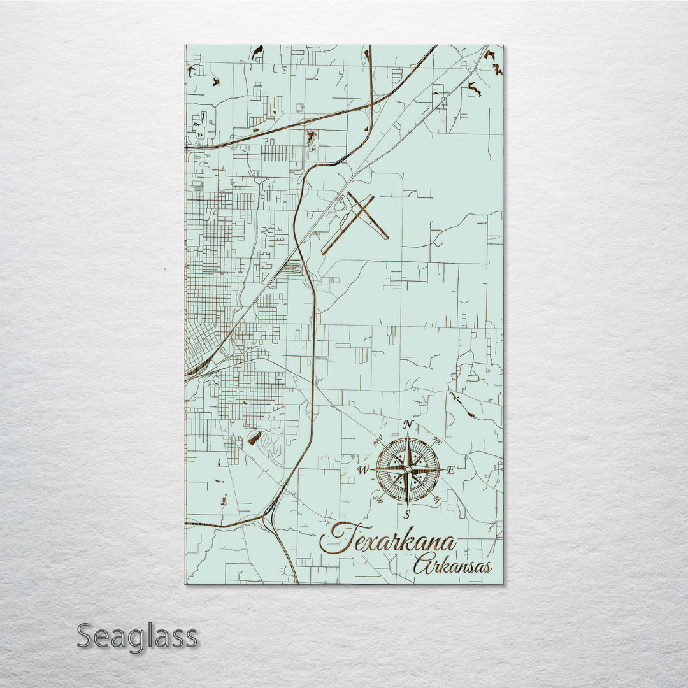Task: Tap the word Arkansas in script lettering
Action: pos(452,566)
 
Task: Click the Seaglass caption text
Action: pos(137,636)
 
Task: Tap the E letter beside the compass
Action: pos(450,471)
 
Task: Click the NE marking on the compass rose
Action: pos(437,440)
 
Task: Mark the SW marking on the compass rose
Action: pos(378,498)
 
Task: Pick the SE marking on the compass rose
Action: pos(436,499)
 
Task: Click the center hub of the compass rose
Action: pos(408,469)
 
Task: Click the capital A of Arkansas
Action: pos(422,564)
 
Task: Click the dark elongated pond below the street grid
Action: pos(255,438)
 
